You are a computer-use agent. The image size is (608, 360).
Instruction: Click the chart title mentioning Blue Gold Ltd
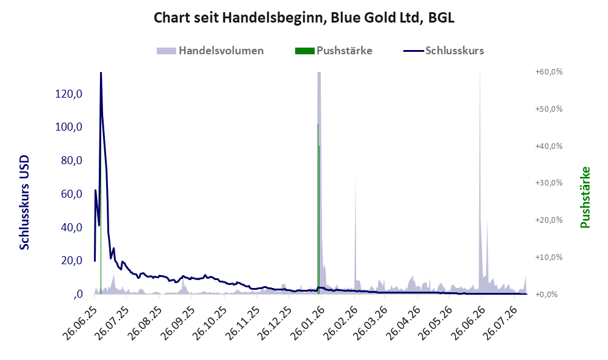point(304,18)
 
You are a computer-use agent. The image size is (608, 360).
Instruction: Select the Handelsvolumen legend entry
point(210,51)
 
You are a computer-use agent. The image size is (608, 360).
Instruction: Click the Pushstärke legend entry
point(334,51)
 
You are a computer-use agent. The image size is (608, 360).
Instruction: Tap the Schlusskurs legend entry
point(443,51)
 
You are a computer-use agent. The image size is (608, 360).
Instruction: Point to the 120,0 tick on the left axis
point(69,94)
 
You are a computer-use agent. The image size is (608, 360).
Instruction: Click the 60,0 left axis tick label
point(71,194)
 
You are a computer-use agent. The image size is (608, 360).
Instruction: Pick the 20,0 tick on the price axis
point(71,261)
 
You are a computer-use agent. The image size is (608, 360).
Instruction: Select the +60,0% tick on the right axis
point(549,72)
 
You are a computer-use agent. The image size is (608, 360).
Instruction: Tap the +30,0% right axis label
point(549,182)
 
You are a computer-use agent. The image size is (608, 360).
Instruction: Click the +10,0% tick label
point(549,257)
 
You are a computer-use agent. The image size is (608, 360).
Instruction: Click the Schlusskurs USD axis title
point(24,203)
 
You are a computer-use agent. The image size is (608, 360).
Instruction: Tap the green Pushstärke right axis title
point(585,197)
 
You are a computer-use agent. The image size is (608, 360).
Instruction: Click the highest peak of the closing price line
point(101,73)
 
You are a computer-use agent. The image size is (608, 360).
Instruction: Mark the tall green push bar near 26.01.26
point(318,209)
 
